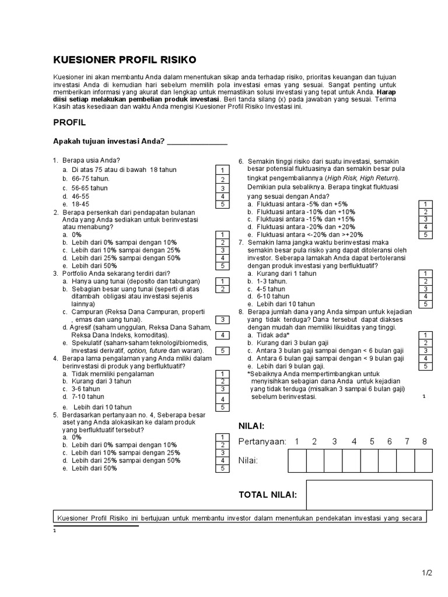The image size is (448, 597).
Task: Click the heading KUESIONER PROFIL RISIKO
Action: [125, 59]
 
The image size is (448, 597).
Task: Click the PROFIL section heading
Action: [69, 122]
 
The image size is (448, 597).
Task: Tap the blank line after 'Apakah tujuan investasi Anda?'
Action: [197, 142]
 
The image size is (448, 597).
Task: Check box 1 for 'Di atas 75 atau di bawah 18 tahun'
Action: [222, 170]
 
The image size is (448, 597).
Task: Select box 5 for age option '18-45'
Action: [222, 205]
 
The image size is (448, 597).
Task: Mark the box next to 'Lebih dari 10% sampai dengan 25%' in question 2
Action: [222, 250]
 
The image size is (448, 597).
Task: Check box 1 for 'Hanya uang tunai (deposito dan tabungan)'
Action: [222, 281]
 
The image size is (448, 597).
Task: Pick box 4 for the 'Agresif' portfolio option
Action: [222, 335]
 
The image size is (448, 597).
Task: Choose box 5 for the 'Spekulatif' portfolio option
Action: [222, 350]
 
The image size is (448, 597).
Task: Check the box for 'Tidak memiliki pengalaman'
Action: [222, 374]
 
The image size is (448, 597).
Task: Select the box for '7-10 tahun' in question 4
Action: [222, 399]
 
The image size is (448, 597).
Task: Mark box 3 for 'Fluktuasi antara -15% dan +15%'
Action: [426, 219]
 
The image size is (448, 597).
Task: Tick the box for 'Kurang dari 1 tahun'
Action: [426, 273]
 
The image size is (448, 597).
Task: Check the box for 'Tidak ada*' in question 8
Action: [426, 335]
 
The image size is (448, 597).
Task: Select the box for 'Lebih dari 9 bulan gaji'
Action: [426, 366]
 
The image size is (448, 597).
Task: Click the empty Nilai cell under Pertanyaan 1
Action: [297, 461]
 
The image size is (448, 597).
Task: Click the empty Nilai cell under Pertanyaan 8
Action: [423, 461]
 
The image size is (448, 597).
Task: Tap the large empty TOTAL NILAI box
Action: [369, 495]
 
